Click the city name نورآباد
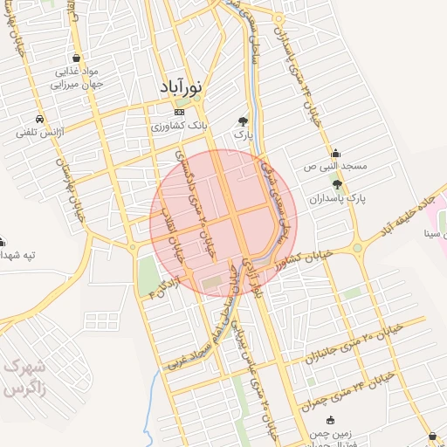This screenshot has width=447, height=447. (182, 87)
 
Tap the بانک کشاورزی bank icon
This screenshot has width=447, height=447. (180, 113)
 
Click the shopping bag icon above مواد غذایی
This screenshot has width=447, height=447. (61, 58)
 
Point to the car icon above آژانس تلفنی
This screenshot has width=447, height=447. (40, 119)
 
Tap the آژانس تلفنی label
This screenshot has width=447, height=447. (35, 134)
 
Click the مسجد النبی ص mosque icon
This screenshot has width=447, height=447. (336, 152)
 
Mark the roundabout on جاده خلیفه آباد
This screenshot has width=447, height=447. (358, 248)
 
